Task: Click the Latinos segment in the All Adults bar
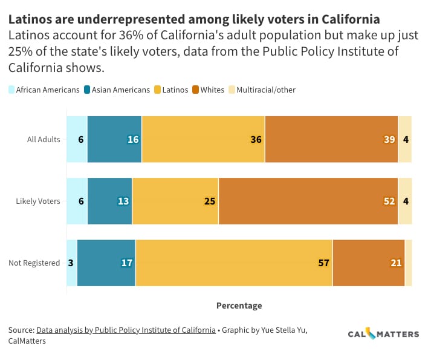203,139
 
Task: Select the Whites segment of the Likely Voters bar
308,201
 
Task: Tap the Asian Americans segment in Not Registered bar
106,263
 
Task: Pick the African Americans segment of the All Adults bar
77,139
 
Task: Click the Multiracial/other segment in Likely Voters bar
405,201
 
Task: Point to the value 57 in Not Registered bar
323,263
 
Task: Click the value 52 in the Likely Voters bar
389,201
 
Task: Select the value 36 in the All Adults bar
256,140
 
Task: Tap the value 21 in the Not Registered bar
396,263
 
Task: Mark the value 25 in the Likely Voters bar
210,201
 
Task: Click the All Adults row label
44,140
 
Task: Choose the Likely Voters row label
38,201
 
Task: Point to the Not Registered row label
34,263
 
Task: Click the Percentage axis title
239,306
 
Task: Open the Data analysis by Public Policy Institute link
126,330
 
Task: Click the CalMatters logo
383,334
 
